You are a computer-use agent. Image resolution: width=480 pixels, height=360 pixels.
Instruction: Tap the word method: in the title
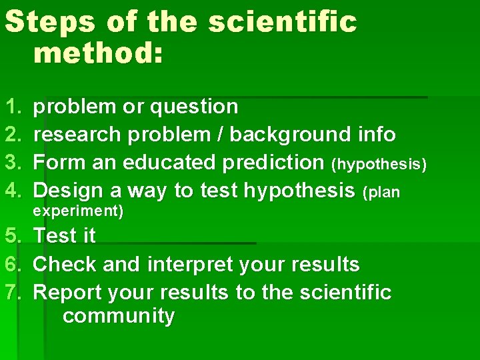point(97,52)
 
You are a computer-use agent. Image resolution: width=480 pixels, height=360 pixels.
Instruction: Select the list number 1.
point(12,107)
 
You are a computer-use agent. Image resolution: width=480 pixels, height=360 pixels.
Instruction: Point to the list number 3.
point(12,163)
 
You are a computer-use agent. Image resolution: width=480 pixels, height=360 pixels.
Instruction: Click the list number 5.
point(12,236)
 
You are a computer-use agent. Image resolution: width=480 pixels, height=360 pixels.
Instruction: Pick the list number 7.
point(12,293)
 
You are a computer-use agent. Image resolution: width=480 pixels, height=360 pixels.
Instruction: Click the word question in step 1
point(194,107)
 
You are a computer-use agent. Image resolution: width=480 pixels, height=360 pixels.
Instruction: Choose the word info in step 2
point(376,135)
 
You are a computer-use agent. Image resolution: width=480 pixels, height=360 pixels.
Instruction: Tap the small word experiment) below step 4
point(78,212)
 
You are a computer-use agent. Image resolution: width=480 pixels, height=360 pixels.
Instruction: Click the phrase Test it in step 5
point(64,236)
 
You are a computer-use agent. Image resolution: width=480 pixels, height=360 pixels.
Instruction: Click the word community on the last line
point(118,316)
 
